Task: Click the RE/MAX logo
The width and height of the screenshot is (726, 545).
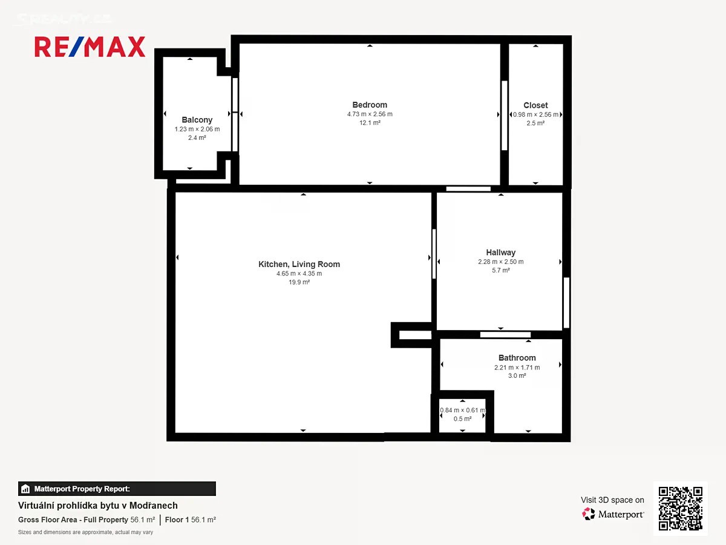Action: click(90, 47)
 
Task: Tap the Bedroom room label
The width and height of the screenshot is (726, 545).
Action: click(370, 105)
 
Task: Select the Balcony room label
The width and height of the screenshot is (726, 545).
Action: click(197, 120)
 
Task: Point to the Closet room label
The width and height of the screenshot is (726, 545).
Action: click(535, 105)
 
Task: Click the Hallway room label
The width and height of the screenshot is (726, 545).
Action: click(500, 253)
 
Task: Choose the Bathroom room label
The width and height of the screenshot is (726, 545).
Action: click(517, 358)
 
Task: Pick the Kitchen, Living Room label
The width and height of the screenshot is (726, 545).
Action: click(299, 264)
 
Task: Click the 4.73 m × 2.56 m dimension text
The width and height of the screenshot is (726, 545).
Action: click(370, 114)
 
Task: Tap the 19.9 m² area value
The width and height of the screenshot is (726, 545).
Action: click(299, 282)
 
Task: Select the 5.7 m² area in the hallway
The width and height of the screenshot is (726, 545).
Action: click(500, 270)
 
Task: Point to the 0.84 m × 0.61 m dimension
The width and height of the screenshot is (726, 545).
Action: click(462, 411)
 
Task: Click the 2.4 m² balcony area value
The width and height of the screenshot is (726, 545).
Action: click(197, 137)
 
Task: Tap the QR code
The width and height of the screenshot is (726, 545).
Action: click(681, 508)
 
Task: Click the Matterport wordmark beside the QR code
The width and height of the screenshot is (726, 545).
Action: click(621, 515)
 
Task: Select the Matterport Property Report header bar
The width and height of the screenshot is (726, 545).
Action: click(117, 489)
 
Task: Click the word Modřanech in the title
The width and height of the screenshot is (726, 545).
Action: click(154, 506)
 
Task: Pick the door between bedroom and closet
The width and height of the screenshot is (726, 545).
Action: click(504, 116)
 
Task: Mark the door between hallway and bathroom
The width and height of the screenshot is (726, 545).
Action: click(505, 335)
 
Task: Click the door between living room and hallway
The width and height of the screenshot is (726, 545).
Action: click(434, 254)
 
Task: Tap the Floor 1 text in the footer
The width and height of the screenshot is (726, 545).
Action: click(177, 520)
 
